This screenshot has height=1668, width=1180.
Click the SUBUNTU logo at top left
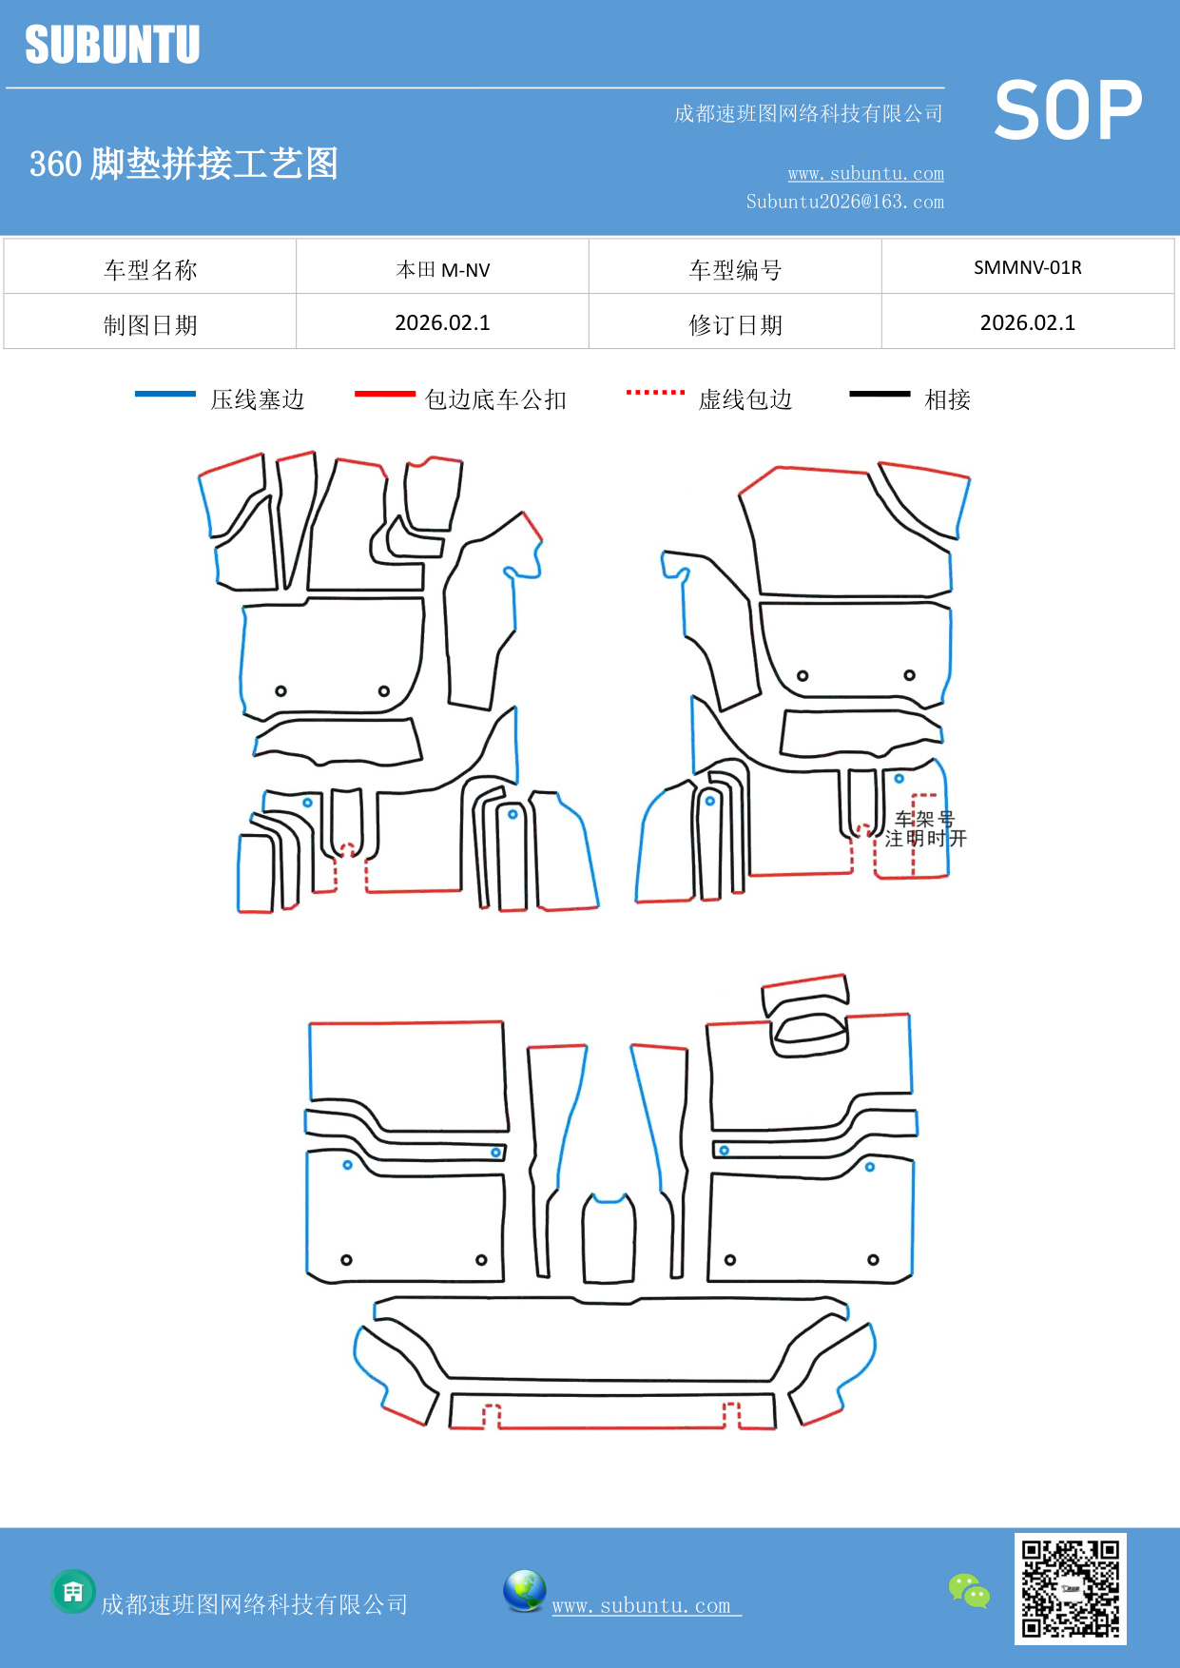(x=112, y=45)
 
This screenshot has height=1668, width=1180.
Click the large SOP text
(x=1068, y=111)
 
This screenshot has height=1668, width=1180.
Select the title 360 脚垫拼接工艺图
(x=184, y=164)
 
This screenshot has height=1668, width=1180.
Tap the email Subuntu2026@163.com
(x=844, y=202)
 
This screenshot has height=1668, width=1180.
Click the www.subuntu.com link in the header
(x=865, y=173)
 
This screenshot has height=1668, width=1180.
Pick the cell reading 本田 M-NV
(x=442, y=270)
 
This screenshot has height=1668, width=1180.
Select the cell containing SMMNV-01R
(x=1027, y=267)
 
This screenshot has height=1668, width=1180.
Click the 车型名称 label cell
(x=150, y=270)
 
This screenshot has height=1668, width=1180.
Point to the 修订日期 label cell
(x=735, y=325)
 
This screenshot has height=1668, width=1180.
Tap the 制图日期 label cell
(x=150, y=325)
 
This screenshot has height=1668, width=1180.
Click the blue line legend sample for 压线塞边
(x=165, y=394)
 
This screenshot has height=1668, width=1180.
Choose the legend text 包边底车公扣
(x=495, y=399)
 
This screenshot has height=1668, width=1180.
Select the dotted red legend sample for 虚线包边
(x=655, y=392)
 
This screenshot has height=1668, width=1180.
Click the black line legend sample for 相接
(x=880, y=394)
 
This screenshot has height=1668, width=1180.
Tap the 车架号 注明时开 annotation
(x=925, y=828)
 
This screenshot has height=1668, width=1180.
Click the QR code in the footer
(x=1070, y=1589)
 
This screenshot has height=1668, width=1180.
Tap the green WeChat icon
(x=969, y=1590)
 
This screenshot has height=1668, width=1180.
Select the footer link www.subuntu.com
(x=642, y=1605)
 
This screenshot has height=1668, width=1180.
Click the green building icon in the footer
(x=73, y=1592)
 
